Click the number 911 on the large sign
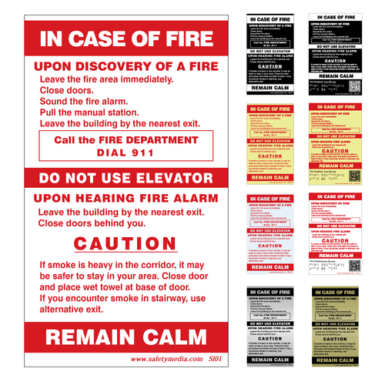[139, 152]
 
